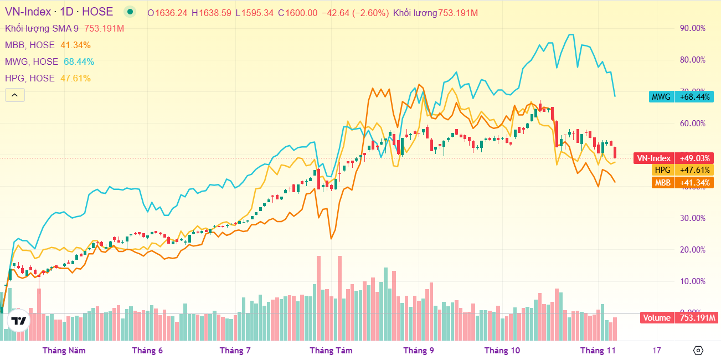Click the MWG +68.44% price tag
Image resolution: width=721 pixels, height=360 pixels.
[x=681, y=97]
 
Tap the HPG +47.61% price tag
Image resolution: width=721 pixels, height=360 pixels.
[x=681, y=170]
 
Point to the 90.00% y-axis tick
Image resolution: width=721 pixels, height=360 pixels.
[x=692, y=28]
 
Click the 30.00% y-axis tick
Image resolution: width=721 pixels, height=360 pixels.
[x=692, y=218]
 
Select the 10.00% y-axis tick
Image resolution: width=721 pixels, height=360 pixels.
[x=692, y=281]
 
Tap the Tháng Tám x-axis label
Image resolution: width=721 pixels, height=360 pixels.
[x=331, y=350]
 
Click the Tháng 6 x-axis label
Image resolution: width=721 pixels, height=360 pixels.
[x=147, y=350]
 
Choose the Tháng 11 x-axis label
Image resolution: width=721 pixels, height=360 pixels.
[x=598, y=350]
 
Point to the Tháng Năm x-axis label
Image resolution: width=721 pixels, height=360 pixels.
[x=64, y=350]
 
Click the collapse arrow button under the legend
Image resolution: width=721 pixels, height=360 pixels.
[x=14, y=95]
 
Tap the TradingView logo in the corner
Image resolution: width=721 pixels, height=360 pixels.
[x=19, y=321]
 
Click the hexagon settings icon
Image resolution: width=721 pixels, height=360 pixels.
[x=698, y=350]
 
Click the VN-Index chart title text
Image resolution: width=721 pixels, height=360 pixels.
[x=59, y=12]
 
